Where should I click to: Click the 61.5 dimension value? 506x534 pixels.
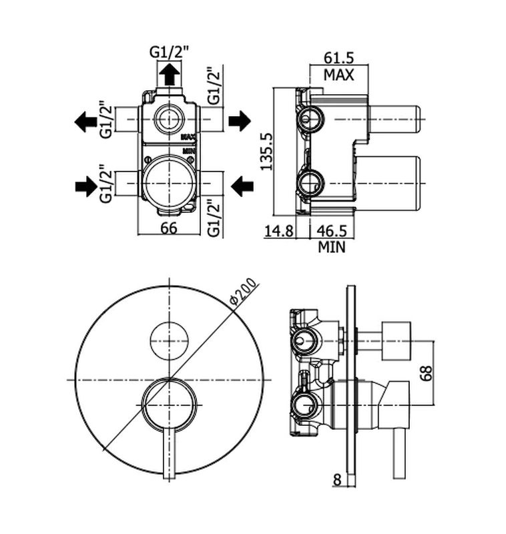338,57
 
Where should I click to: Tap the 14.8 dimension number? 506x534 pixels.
279,231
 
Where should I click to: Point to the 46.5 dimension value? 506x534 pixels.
332,231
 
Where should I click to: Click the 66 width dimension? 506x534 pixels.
169,228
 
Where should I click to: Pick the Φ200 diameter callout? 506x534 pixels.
243,291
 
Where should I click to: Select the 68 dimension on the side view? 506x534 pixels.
426,373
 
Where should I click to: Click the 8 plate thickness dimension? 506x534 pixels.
336,480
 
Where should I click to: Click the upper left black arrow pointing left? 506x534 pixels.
86,121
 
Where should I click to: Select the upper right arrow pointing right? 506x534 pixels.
240,121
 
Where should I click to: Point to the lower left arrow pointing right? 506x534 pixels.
86,186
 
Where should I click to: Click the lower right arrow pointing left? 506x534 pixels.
242,186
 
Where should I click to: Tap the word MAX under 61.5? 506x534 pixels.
339,75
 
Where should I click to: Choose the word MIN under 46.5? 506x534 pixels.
332,247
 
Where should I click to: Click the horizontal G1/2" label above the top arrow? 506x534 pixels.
169,53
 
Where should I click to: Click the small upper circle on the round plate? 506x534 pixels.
170,340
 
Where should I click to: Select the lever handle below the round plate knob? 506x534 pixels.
170,453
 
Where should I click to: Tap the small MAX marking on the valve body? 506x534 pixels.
188,138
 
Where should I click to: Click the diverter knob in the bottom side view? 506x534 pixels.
396,340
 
